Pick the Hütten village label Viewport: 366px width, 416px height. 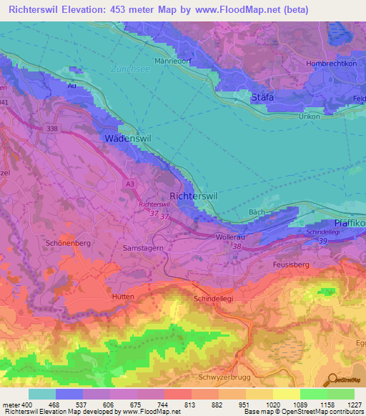click(x=123, y=295)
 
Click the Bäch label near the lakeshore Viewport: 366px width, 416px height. click(x=257, y=212)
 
